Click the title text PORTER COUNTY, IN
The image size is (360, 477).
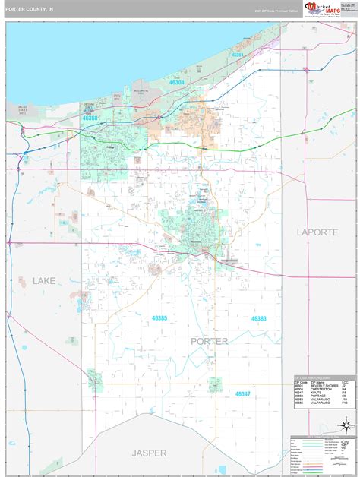click(x=30, y=7)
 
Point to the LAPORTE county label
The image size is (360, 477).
click(x=320, y=231)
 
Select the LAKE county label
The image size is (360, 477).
click(x=45, y=281)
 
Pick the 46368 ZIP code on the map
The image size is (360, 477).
click(x=90, y=118)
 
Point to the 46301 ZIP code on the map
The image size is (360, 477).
click(x=237, y=55)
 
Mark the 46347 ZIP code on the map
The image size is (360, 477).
click(x=243, y=393)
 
